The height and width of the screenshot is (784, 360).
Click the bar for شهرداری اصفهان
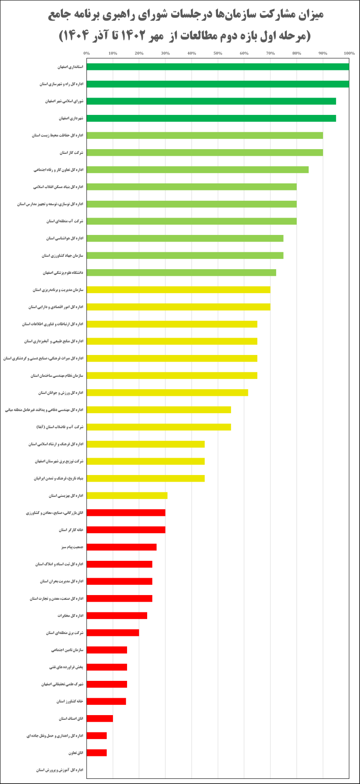tap(211, 118)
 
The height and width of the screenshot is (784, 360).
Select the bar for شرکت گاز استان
tap(204, 152)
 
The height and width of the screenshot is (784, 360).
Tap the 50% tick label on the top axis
tap(217, 53)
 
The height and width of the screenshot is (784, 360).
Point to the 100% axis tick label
tap(349, 53)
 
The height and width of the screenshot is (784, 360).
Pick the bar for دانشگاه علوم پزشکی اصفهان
tap(181, 272)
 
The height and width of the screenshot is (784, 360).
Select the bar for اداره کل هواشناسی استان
tap(185, 238)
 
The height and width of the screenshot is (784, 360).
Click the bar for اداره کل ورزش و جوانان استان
tap(167, 392)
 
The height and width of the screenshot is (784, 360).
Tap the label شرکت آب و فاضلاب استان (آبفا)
tap(60, 427)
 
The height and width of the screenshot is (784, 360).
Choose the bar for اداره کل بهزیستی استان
tap(127, 496)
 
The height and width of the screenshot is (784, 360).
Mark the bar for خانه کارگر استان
tap(126, 530)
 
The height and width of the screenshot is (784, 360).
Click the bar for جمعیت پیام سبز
tap(121, 547)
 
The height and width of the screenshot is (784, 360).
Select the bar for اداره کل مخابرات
tap(117, 616)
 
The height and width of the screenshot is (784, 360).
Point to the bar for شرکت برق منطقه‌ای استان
tap(112, 633)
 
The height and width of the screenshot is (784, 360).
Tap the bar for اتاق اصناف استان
tap(100, 718)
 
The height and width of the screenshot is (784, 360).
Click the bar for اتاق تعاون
tap(97, 753)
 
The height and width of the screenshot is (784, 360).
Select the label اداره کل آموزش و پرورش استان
tap(60, 770)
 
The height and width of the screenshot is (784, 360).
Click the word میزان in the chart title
tap(311, 15)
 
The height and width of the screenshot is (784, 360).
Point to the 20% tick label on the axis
tap(139, 53)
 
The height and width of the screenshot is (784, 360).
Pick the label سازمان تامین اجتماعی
tap(67, 650)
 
